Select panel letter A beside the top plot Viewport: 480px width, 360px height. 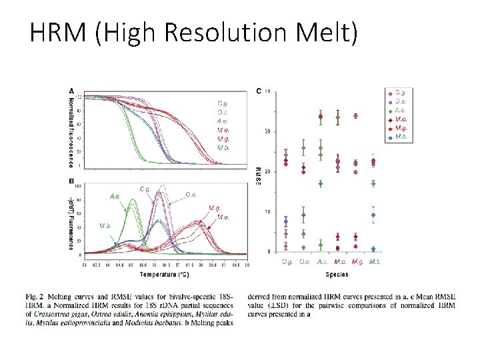[x=72, y=91]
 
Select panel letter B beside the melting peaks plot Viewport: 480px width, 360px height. [x=72, y=181]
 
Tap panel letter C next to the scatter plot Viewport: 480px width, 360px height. [x=259, y=91]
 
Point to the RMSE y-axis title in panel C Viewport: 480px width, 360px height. [x=258, y=175]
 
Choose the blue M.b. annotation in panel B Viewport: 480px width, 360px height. [x=105, y=225]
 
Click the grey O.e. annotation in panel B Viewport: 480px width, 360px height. [x=191, y=195]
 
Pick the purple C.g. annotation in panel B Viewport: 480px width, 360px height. [x=145, y=189]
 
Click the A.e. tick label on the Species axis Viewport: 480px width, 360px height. [x=322, y=262]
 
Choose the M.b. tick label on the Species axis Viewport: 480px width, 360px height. [x=375, y=262]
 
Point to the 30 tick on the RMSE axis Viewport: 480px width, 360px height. [x=267, y=131]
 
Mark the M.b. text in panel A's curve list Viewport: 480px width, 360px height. [x=223, y=147]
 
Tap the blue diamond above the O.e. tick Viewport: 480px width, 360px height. [x=304, y=215]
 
